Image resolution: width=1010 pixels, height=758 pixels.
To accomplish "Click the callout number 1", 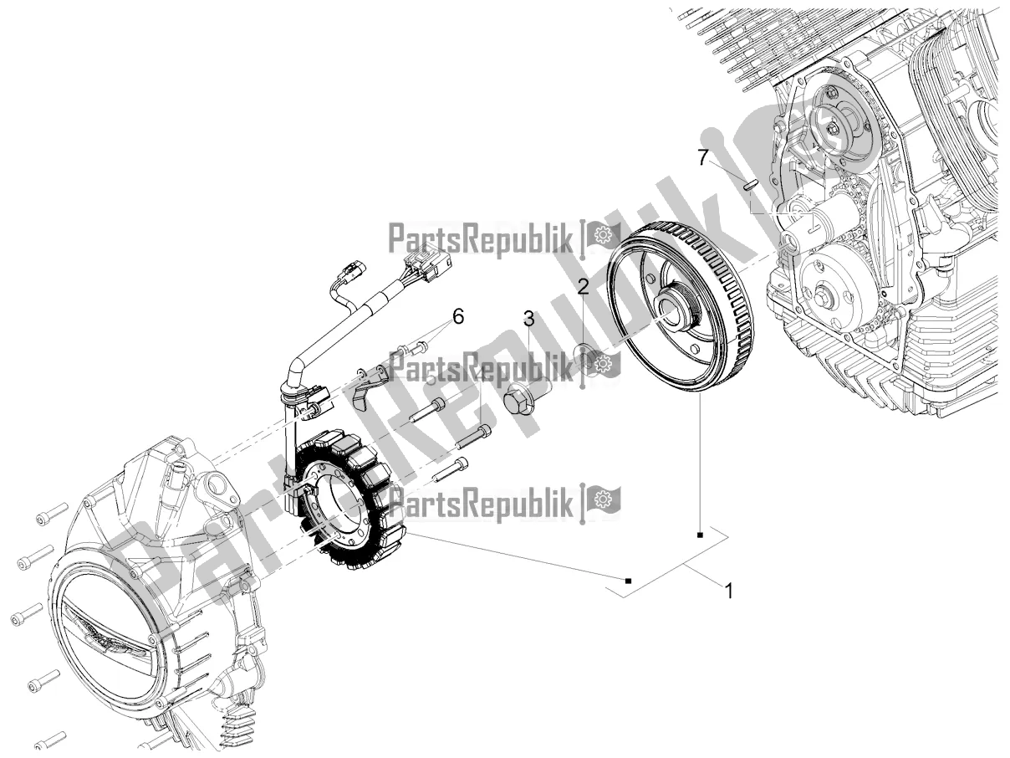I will coord(728,591).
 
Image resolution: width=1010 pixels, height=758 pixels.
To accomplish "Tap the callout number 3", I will coord(528,318).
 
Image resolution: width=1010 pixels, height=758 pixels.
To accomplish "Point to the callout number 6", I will coord(458,316).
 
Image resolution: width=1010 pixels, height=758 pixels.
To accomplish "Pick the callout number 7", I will coord(704,156).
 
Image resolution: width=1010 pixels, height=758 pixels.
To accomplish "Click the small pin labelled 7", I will coord(751,184).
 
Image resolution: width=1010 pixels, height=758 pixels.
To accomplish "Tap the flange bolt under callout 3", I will coord(522,398).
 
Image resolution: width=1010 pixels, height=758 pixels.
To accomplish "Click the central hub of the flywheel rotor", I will coord(676,309).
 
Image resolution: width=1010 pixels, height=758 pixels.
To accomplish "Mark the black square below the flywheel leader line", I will coord(701,533).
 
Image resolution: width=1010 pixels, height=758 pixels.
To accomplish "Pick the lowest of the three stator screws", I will coord(450,469).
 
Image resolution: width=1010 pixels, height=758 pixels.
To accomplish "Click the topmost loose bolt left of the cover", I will coord(52,513).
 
